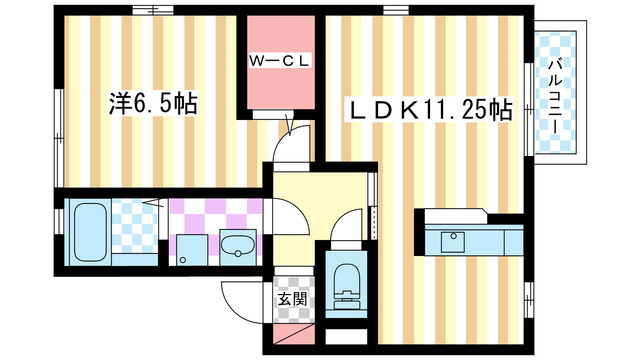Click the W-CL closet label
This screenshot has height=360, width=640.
click(280, 61)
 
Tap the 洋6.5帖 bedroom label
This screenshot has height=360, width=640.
click(153, 104)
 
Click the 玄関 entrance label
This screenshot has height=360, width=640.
click(293, 299)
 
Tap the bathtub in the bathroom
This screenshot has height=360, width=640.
click(90, 232)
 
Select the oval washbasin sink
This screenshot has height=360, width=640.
click(238, 246)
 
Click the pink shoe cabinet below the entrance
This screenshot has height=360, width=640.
click(294, 334)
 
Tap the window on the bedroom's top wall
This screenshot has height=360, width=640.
click(153, 10)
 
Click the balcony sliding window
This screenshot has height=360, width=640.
click(529, 109)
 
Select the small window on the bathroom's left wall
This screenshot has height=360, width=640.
click(58, 221)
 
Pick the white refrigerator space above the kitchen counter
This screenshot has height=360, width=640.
click(456, 216)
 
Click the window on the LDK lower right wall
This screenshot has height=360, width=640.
click(529, 300)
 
